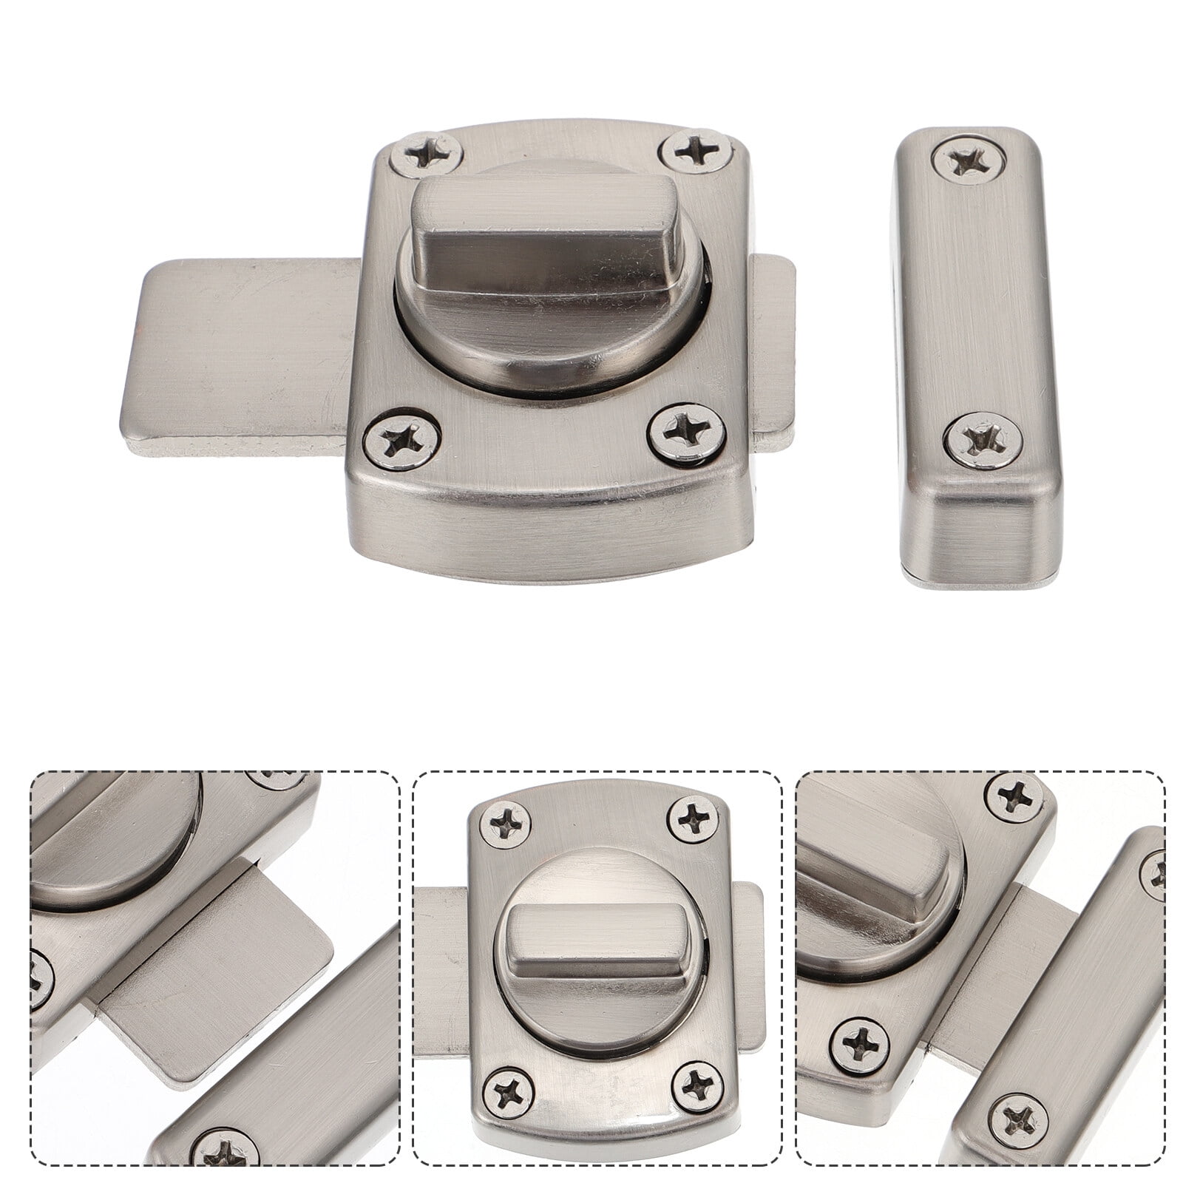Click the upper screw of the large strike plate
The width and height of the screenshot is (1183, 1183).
(969, 160)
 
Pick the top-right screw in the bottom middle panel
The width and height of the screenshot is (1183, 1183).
(695, 817)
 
